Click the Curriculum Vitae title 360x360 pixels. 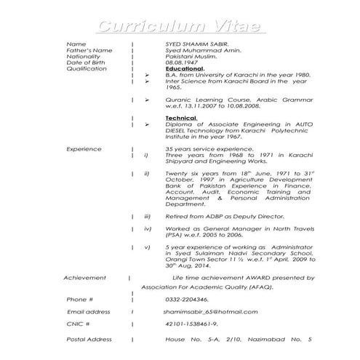pos(180,28)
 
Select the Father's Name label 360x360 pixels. pos(89,50)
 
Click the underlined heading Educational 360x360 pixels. pos(188,68)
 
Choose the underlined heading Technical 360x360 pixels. pos(182,118)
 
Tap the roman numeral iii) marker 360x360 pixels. pos(147,217)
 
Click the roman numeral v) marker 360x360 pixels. pos(147,247)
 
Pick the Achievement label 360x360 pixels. pos(85,278)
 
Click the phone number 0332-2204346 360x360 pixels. pos(187,299)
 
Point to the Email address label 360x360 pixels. pos(88,311)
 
